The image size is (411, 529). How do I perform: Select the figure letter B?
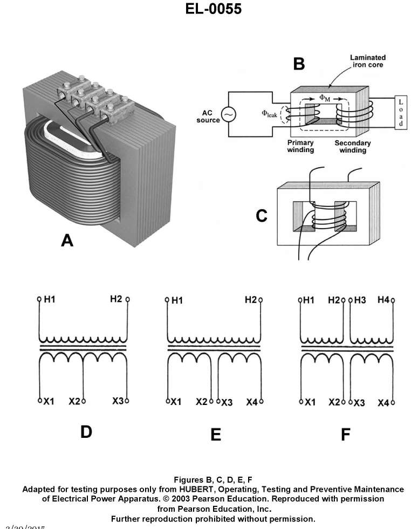(299, 64)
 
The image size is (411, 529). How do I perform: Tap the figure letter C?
(262, 216)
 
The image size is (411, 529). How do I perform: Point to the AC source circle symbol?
(228, 115)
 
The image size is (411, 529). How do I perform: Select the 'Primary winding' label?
(300, 147)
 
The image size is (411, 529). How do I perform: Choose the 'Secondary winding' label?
(353, 147)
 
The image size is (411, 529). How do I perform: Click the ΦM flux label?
(326, 98)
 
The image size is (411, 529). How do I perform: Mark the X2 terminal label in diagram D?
(74, 401)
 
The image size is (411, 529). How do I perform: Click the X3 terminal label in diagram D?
(118, 401)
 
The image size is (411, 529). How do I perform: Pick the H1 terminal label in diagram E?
(177, 300)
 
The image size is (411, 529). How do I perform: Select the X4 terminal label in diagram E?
(252, 402)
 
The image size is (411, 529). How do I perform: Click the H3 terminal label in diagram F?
(360, 300)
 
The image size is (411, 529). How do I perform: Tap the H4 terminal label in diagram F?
(383, 300)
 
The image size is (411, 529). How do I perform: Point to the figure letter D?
(86, 432)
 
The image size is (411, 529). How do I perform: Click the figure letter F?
(345, 435)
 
